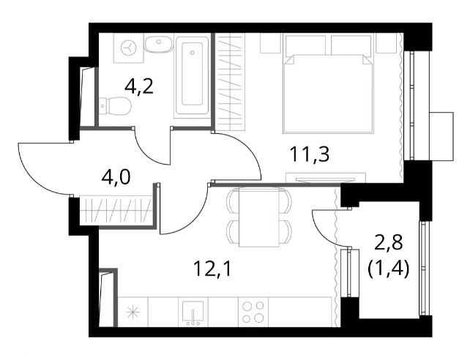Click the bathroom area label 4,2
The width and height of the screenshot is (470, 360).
point(139,87)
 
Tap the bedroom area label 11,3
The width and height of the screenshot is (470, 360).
point(310,154)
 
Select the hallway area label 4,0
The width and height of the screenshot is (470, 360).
point(116,177)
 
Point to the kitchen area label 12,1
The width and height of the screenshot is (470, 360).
point(212,269)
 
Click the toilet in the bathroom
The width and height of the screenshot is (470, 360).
point(115,106)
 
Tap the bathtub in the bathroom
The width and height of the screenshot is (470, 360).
point(192,75)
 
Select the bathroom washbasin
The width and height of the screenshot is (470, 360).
point(159,44)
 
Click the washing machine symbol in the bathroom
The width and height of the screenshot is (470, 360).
point(129,48)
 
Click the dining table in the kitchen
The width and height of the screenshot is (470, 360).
point(259,217)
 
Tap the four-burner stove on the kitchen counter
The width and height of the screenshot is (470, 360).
point(253,312)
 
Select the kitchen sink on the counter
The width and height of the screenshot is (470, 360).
point(193,312)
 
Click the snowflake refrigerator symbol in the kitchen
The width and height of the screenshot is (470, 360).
point(133,312)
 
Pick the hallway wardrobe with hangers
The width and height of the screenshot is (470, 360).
point(116,209)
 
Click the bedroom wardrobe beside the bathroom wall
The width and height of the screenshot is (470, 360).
point(230,82)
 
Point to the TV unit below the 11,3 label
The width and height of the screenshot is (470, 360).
point(326,179)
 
